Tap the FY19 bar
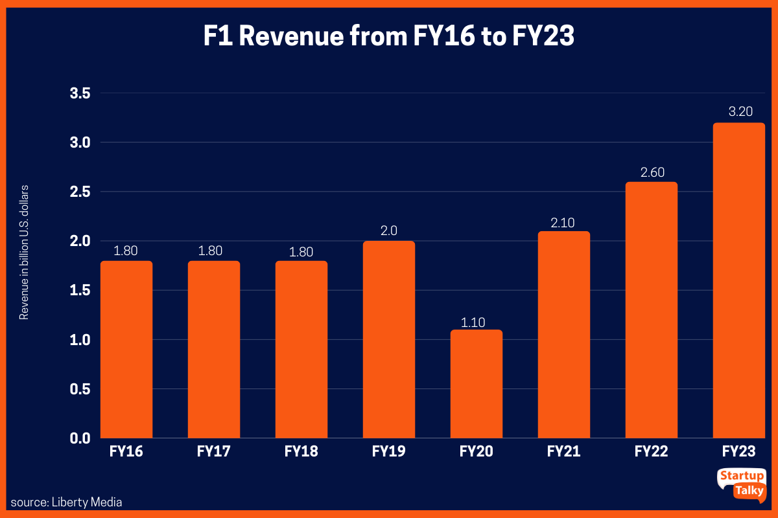click(x=388, y=339)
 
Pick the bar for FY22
click(x=651, y=310)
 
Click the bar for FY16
click(x=126, y=349)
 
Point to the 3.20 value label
click(x=740, y=111)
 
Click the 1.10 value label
click(x=477, y=322)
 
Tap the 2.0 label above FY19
click(x=389, y=231)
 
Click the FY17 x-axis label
click(x=213, y=451)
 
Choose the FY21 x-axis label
click(x=563, y=451)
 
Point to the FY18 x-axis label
click(x=301, y=451)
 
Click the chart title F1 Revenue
click(x=388, y=37)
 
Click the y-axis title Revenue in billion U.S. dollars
click(x=25, y=253)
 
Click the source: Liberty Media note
click(x=66, y=502)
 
